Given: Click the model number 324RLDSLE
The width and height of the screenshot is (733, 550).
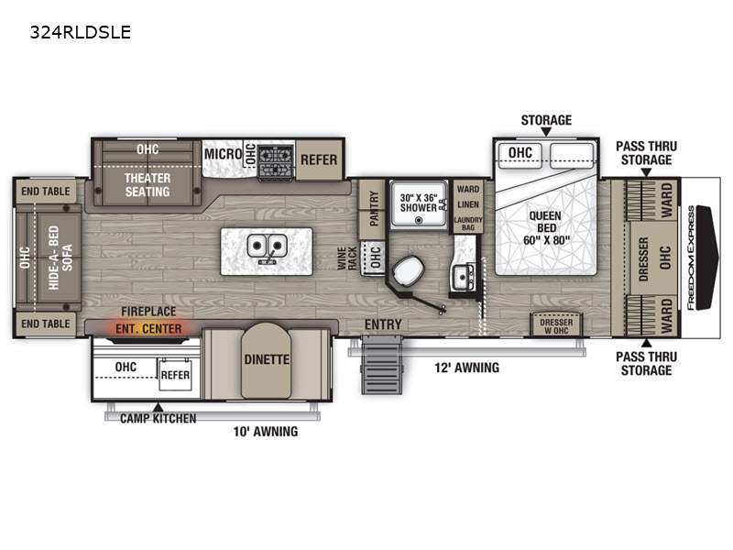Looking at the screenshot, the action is pos(81,32).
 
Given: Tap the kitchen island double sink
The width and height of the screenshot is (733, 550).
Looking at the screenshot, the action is pos(267,247).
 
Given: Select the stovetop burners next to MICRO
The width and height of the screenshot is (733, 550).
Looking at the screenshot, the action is pos(277,162).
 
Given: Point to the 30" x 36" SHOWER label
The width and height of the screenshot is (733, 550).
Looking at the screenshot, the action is pos(419,203).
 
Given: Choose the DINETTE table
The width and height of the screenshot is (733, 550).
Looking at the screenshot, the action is pos(267,360).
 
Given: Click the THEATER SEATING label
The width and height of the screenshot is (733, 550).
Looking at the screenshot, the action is pos(148,185).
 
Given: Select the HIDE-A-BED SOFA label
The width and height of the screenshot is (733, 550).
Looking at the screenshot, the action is pos(60,258).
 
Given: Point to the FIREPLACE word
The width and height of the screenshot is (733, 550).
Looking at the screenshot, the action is pos(148,311).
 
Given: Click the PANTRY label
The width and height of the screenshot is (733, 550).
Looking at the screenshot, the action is pos(374,208).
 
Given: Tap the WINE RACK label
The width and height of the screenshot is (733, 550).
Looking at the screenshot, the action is pos(347,258).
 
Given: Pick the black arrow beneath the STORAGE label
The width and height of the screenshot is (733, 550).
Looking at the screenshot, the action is pos(546,132).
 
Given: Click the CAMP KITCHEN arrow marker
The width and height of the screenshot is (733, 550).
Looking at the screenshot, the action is pos(159,407).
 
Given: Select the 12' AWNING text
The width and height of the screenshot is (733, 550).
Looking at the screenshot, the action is pos(466,368).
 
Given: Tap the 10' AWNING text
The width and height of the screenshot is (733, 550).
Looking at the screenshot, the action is pos(266,431).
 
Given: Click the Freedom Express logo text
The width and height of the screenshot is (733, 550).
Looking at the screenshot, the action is pos(691,258).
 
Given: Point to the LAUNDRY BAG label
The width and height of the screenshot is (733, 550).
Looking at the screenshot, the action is pos(468,224).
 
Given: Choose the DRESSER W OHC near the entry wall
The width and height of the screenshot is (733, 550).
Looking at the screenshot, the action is pos(556,326).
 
